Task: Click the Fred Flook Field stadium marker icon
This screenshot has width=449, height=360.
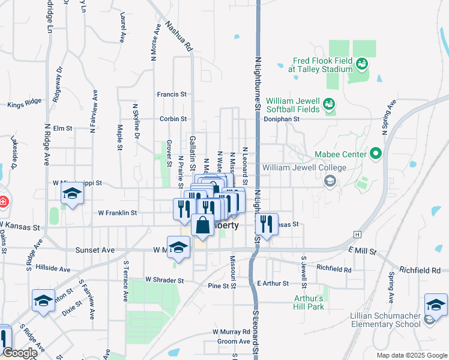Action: (361, 63)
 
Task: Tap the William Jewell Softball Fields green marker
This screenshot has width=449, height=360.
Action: (329, 105)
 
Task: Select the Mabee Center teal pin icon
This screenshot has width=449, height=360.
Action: (376, 154)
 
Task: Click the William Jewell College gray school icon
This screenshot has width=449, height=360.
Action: (330, 180)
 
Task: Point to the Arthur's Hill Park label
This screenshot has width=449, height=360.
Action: (309, 302)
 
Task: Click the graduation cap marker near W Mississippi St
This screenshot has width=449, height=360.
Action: (72, 194)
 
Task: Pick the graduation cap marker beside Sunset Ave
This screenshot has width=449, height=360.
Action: (178, 246)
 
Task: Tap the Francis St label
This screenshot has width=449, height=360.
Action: (172, 94)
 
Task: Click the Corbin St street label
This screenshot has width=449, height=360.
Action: (174, 119)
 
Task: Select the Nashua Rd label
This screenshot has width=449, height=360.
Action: (179, 37)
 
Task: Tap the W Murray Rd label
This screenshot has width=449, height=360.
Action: (231, 331)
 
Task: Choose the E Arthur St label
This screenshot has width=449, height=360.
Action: (273, 283)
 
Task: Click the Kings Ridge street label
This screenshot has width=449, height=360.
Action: (25, 105)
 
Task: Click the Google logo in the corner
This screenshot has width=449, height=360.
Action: (20, 353)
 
